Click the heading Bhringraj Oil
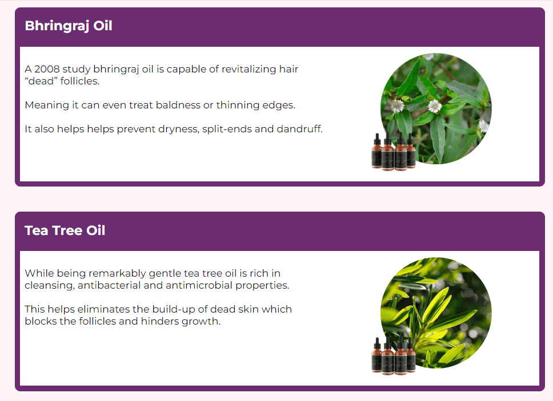click(69, 26)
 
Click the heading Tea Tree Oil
click(65, 230)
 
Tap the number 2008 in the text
click(47, 69)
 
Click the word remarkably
click(117, 274)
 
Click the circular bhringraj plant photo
click(436, 108)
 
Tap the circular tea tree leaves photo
click(436, 313)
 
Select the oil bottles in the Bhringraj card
click(394, 152)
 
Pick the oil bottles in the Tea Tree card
click(394, 356)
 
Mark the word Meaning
click(47, 106)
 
